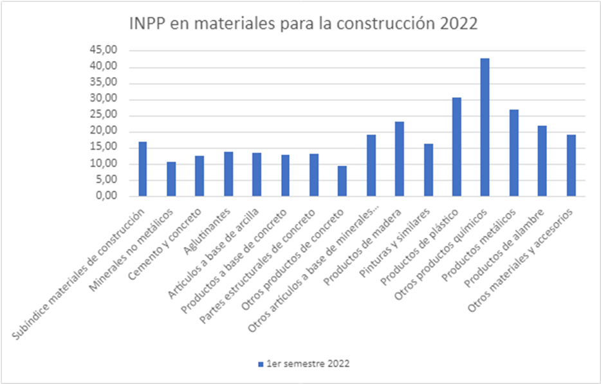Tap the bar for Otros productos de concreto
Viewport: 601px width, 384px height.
click(x=342, y=181)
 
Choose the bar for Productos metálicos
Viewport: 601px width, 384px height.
click(x=513, y=153)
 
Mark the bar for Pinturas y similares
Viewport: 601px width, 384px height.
click(x=428, y=170)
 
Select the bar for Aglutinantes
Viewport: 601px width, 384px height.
click(x=228, y=174)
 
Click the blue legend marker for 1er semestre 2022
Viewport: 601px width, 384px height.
click(x=261, y=364)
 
